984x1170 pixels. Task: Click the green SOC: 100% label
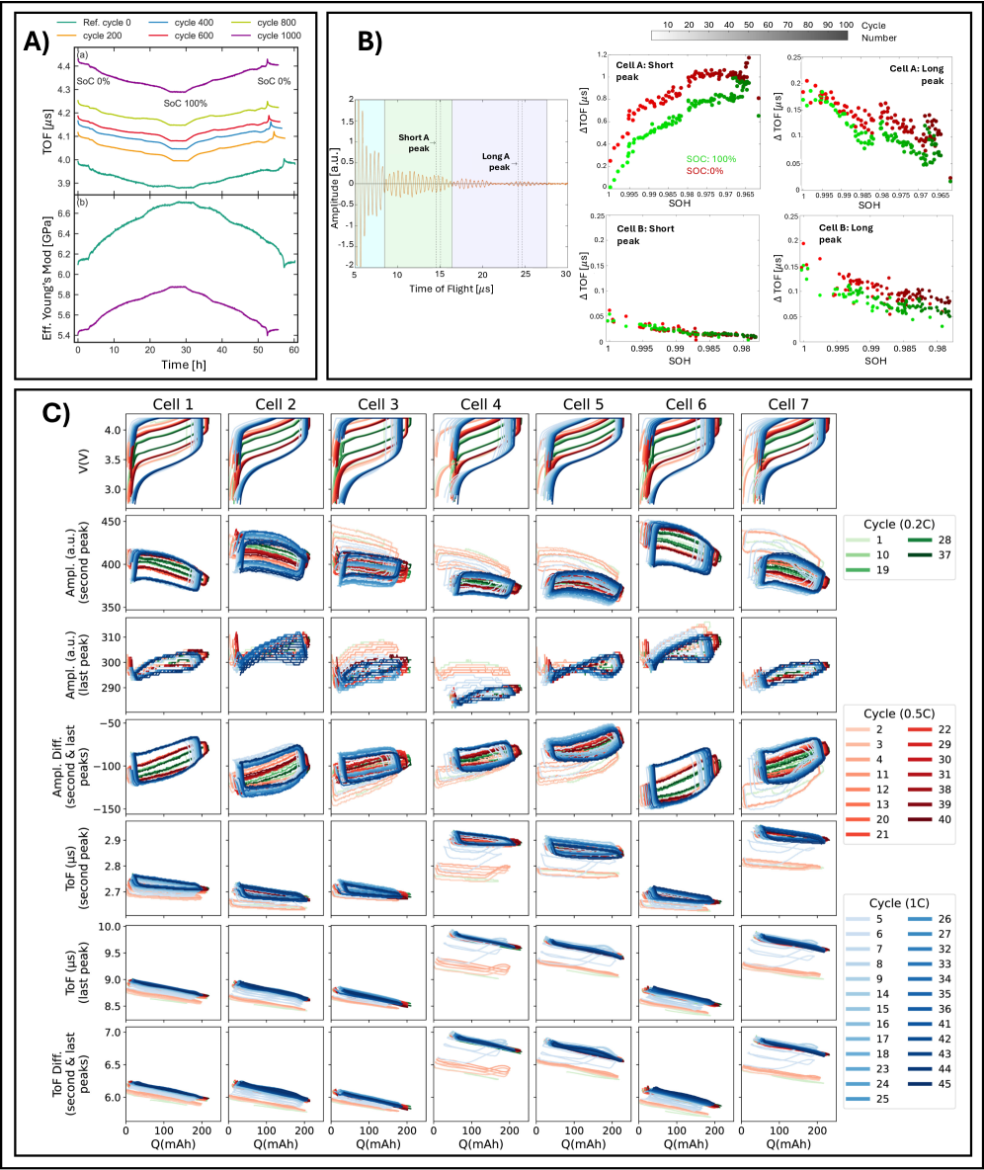pyautogui.click(x=713, y=159)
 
